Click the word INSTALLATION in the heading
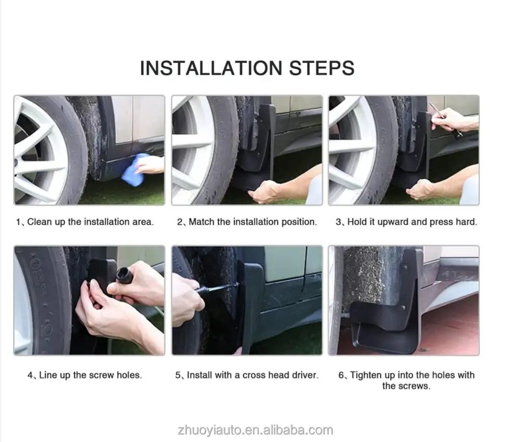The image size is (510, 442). pyautogui.click(x=211, y=68)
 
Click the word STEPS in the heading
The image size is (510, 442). pyautogui.click(x=322, y=68)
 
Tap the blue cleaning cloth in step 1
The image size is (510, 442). pyautogui.click(x=135, y=169)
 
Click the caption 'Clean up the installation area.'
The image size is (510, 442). pyautogui.click(x=91, y=222)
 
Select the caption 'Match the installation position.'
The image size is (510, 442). pyautogui.click(x=253, y=222)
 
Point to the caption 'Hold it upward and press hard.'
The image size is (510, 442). pyautogui.click(x=412, y=222)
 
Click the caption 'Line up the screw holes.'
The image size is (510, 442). pyautogui.click(x=91, y=375)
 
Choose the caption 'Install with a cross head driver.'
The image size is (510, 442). pyautogui.click(x=253, y=375)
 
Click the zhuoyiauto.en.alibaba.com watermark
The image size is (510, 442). pyautogui.click(x=256, y=430)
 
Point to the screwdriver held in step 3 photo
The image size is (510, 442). pyautogui.click(x=445, y=120)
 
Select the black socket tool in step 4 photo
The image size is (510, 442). pyautogui.click(x=124, y=276)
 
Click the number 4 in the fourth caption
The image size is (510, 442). pyautogui.click(x=30, y=375)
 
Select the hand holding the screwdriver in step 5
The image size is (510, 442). pyautogui.click(x=187, y=299)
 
